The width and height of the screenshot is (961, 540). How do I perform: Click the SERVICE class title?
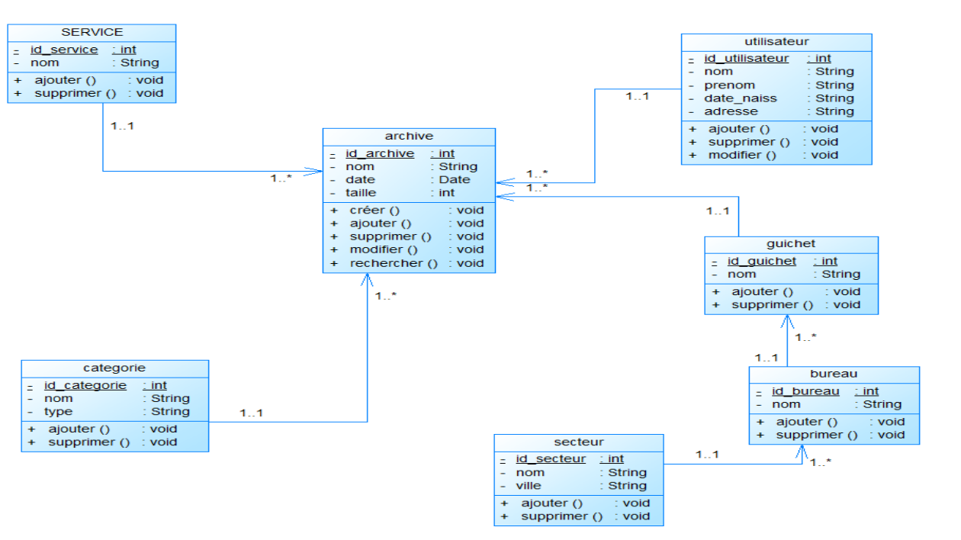tap(92, 32)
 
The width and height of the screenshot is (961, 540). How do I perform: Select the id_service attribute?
tap(64, 50)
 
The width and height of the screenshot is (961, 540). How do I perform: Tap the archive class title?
tap(409, 136)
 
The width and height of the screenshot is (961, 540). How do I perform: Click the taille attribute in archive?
tap(361, 193)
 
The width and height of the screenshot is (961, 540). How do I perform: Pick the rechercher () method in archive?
tap(394, 263)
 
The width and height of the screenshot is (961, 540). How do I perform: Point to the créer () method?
tap(374, 211)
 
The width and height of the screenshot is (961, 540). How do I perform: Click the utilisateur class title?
tap(776, 42)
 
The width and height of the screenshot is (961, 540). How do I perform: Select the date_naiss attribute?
tap(741, 98)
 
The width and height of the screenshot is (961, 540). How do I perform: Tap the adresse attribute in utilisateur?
tap(731, 111)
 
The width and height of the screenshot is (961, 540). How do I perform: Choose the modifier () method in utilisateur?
tap(742, 156)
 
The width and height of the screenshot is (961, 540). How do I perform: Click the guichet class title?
tap(791, 243)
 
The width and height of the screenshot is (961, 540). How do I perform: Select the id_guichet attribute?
tap(761, 261)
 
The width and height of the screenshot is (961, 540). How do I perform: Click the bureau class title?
tap(834, 374)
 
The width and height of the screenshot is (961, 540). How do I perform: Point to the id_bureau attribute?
tap(805, 391)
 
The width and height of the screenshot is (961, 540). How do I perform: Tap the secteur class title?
tap(579, 442)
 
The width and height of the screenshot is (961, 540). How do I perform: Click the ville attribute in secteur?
tap(528, 486)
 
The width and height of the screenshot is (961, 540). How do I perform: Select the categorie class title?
tap(114, 368)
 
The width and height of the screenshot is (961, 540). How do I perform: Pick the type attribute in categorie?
tap(58, 412)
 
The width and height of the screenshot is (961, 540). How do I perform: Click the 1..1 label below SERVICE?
tap(122, 126)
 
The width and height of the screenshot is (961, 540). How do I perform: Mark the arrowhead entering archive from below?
tap(367, 280)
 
